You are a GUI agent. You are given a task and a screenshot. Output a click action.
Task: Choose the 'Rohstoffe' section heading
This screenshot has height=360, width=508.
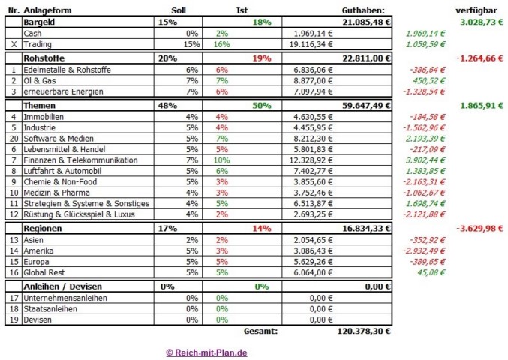point(42,58)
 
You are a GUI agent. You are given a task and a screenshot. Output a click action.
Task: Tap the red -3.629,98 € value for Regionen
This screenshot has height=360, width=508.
point(479,227)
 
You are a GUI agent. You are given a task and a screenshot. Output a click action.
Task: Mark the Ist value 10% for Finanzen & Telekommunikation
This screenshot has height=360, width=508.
point(223,160)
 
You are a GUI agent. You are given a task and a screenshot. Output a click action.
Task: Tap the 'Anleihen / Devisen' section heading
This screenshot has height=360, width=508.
point(63,286)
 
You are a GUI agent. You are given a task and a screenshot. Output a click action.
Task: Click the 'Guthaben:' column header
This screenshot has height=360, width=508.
point(362,10)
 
